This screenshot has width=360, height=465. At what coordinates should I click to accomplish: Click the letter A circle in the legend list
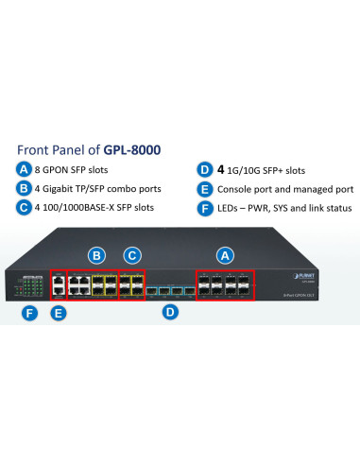click(x=25, y=169)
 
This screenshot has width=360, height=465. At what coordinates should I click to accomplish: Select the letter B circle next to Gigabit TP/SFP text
click(x=25, y=188)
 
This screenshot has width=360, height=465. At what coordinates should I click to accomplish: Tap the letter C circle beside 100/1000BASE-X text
click(x=25, y=207)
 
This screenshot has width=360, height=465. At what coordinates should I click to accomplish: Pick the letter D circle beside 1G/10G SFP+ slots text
click(x=204, y=169)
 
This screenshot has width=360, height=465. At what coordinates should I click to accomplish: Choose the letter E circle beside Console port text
click(x=204, y=188)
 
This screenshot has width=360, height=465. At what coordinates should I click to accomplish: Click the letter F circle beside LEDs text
click(x=204, y=207)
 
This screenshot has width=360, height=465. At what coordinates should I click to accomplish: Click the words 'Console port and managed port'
click(x=286, y=188)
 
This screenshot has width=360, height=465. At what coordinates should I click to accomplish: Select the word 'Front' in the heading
click(x=35, y=149)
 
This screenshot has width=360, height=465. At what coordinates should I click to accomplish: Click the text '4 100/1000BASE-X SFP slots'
click(x=94, y=207)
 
